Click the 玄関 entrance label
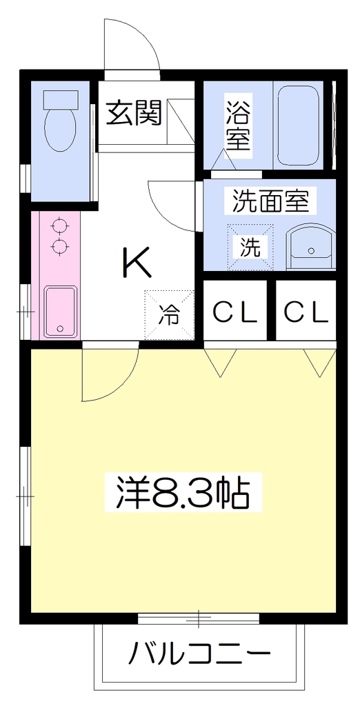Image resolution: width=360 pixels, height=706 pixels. point(134,113)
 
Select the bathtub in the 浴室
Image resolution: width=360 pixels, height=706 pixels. point(298,125)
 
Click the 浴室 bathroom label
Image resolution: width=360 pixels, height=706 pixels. point(238,125)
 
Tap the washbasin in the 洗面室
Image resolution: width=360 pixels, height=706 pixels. point(311,249)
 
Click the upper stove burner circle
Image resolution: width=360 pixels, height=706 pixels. point(59,225)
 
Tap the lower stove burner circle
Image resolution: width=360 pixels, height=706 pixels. point(59,246)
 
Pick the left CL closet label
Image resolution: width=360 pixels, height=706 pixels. point(234,312)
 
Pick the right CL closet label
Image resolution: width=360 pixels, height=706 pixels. point(306,312)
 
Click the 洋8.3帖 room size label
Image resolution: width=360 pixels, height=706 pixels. point(183,492)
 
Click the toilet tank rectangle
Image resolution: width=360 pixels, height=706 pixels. point(60,99)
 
